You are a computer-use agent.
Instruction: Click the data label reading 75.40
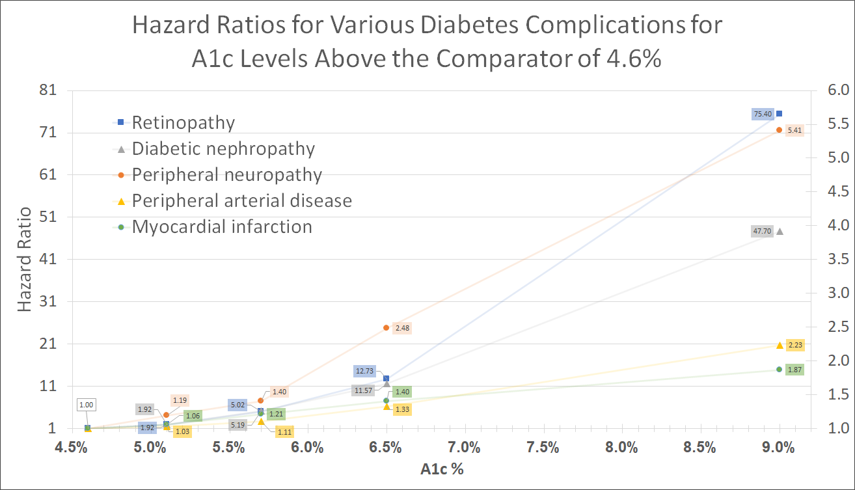pyautogui.click(x=762, y=114)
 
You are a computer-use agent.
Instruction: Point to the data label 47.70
pyautogui.click(x=762, y=231)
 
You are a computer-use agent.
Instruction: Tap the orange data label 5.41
pyautogui.click(x=794, y=130)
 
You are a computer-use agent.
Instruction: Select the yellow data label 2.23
pyautogui.click(x=794, y=345)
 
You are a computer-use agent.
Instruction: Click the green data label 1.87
pyautogui.click(x=794, y=370)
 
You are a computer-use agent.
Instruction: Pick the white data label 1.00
pyautogui.click(x=86, y=405)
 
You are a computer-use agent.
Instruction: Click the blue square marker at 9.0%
pyautogui.click(x=779, y=113)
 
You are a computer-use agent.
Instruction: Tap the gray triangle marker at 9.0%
pyautogui.click(x=780, y=231)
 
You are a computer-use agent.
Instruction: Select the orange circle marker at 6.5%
pyautogui.click(x=386, y=327)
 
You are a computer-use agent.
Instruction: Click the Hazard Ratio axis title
pyautogui.click(x=24, y=259)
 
